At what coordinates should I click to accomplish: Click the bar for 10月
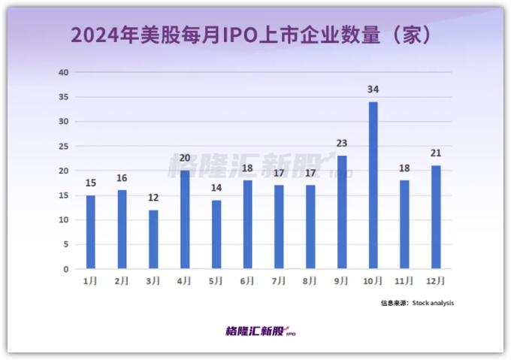coord(373,185)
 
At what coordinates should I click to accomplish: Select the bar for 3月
coord(153,239)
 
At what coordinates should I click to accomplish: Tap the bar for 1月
coord(90,231)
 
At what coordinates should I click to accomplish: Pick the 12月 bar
coord(436,217)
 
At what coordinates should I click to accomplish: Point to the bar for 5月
coord(216,234)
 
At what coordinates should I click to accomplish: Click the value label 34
coord(373,89)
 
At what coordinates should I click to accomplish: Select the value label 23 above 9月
coord(341,144)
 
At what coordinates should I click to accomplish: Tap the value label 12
coord(153,198)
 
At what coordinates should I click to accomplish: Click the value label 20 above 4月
coord(185,159)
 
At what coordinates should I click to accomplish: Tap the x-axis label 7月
coord(279,280)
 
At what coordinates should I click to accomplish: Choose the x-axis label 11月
coord(404,280)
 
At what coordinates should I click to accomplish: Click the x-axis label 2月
coord(121,280)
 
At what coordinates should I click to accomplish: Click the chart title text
coord(255,35)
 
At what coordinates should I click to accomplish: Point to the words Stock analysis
coord(433,303)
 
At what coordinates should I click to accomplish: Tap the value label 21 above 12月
coord(436,153)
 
